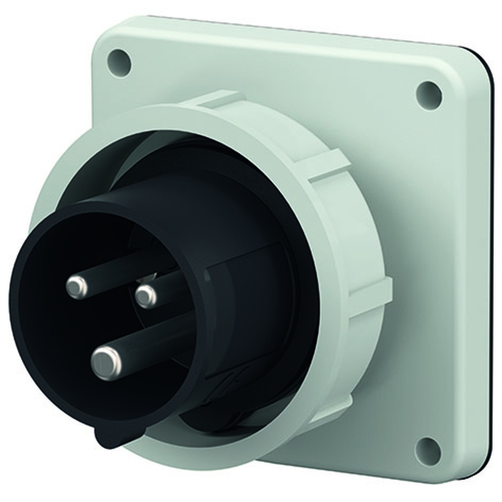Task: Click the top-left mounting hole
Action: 119,62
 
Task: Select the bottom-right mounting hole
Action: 428,450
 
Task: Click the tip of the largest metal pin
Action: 106,362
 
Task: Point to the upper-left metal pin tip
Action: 77,287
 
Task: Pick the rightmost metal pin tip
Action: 146,296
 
